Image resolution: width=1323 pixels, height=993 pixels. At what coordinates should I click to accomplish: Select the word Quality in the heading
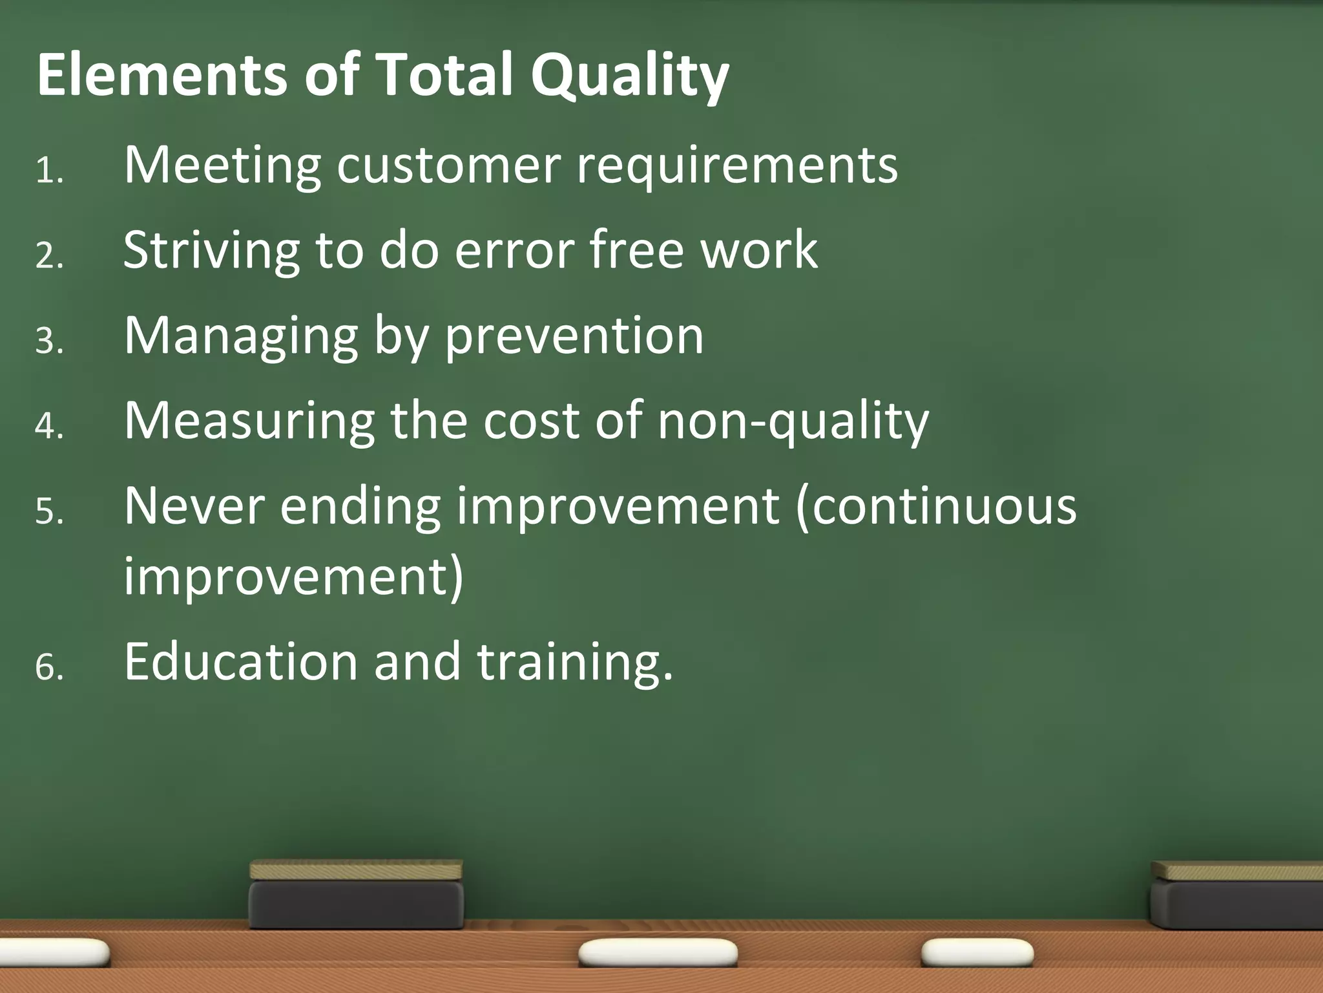coord(630,76)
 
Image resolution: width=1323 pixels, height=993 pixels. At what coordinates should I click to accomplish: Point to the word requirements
coord(736,166)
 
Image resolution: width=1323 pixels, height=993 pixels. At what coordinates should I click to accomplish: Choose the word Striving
coord(211,251)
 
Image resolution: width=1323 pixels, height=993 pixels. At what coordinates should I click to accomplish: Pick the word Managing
coord(241,337)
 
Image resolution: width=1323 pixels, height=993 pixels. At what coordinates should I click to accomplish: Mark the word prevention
coord(574,337)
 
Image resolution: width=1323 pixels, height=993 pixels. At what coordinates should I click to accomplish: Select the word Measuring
coord(249,422)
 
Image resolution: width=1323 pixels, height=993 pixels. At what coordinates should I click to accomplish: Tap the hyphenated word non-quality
coord(793,422)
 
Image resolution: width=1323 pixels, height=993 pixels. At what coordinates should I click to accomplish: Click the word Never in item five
coord(194,506)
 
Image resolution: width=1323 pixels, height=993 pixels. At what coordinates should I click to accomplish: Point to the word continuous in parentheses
coord(937,506)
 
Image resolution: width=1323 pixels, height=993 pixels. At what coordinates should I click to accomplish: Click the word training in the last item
coord(574,663)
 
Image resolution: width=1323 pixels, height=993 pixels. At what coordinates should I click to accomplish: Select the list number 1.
coord(48,171)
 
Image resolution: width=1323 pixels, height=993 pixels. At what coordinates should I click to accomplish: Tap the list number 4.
coord(49,427)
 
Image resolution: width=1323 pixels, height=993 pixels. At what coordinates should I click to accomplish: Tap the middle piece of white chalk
coord(658,953)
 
